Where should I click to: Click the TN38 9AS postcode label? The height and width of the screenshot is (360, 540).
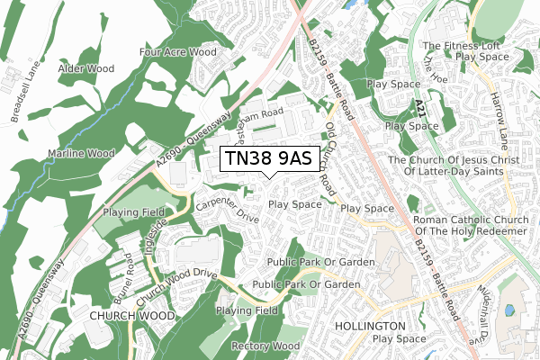266,158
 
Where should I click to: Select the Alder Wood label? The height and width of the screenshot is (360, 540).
86,68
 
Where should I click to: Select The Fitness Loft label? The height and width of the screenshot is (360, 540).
464,45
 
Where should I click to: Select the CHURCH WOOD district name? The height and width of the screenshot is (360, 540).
131,316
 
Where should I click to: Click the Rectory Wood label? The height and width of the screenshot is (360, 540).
265,346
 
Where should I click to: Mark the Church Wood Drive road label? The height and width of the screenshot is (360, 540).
176,283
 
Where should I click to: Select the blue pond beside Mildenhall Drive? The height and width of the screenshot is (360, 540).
510,311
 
